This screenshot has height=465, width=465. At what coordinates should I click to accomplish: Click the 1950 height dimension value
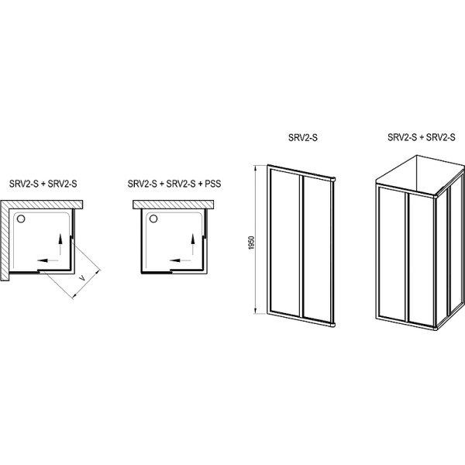251,243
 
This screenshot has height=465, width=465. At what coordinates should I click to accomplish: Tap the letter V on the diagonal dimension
82,278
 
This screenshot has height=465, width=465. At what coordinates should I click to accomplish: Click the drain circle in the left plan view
21,219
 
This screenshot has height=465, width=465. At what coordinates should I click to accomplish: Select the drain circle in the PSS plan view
153,219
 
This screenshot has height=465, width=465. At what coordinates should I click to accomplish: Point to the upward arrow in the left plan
60,244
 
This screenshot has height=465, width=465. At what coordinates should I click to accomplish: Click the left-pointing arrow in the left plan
47,260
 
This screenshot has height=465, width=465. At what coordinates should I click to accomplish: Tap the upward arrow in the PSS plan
193,244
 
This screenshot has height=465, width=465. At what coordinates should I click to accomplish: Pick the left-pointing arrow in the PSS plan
180,260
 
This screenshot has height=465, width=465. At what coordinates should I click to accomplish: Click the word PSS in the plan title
213,184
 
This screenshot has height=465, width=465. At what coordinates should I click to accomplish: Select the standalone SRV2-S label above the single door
303,138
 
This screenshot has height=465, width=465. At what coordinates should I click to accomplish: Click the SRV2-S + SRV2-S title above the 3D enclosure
421,137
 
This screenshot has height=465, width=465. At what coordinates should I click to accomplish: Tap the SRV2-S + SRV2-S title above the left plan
43,184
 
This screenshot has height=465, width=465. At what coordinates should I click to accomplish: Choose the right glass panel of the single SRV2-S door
317,249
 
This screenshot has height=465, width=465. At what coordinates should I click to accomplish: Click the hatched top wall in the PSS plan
173,205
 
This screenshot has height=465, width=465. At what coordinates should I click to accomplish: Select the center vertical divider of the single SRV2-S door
302,246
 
